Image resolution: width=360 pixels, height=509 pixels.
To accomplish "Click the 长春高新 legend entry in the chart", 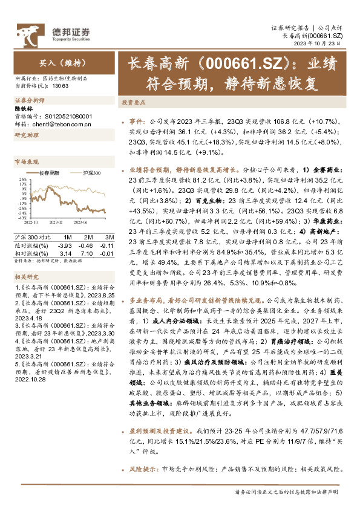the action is click(52, 173).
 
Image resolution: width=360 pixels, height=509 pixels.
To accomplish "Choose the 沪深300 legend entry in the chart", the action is click(91, 173).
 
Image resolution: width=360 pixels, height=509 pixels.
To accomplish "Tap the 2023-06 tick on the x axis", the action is click(92, 222).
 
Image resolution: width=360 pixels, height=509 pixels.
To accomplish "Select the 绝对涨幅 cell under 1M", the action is click(64, 245).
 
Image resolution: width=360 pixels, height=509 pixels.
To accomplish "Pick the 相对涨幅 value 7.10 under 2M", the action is click(87, 253).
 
